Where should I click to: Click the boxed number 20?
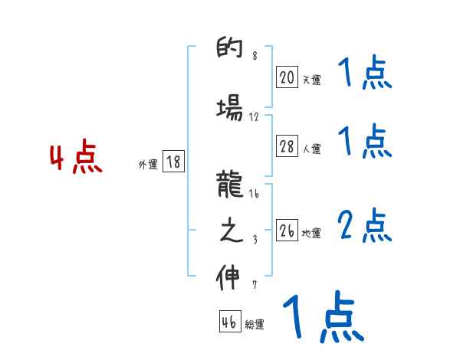coord(287,77)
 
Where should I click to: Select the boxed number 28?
coord(287,147)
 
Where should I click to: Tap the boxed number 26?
coord(287,231)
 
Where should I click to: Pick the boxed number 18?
coord(173,162)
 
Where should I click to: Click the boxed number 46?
coord(230,322)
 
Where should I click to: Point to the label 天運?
coord(311,80)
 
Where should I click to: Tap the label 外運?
coord(148,164)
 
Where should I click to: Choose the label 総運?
coord(255,324)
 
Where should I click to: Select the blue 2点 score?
coord(365,226)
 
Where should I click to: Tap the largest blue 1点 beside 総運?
coord(322,316)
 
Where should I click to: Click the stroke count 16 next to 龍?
coord(254,195)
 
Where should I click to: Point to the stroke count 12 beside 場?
coord(255,117)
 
